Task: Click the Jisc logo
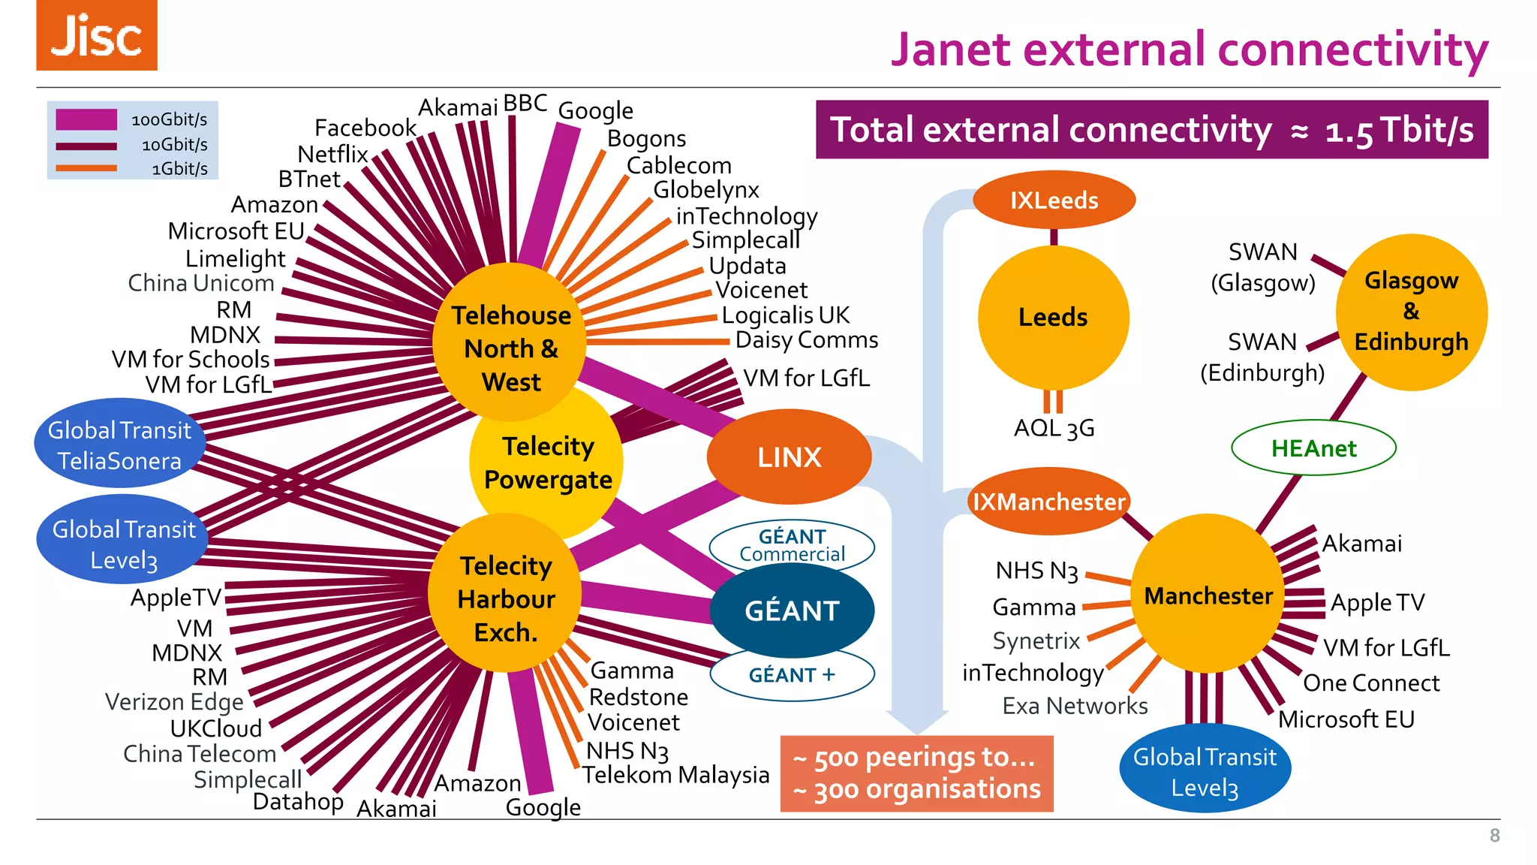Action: click(x=97, y=35)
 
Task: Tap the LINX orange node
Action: click(x=789, y=457)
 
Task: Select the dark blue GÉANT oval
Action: click(x=792, y=610)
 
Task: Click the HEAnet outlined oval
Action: click(x=1313, y=448)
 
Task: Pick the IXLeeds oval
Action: click(x=1054, y=200)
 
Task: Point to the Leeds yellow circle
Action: click(x=1053, y=317)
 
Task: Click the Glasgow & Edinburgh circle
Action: click(x=1411, y=312)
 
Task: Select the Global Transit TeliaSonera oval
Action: click(x=119, y=445)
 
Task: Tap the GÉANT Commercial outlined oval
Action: click(x=792, y=544)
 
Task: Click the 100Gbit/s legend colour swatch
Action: click(x=86, y=119)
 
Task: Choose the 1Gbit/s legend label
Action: click(x=179, y=169)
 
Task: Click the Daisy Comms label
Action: click(x=806, y=340)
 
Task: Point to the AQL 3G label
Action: click(x=1054, y=428)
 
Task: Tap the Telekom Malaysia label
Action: click(x=675, y=775)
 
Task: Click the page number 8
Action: click(x=1494, y=836)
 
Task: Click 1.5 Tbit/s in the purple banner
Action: click(x=1399, y=131)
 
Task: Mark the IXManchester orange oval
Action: click(x=1048, y=502)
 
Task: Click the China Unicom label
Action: click(x=200, y=283)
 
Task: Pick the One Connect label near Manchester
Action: click(x=1371, y=683)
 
